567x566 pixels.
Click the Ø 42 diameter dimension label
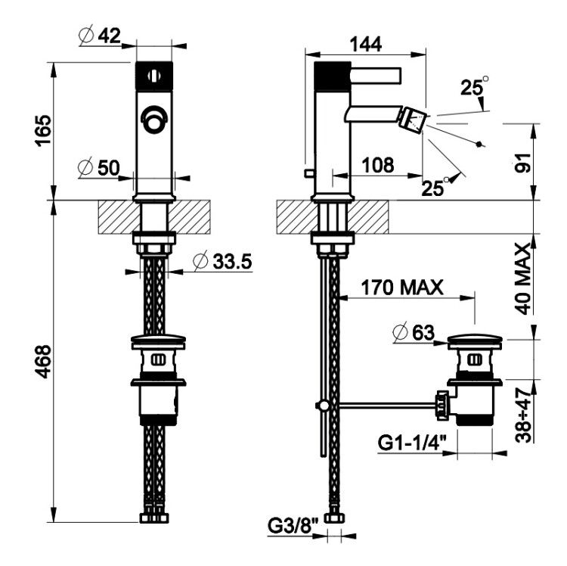point(100,35)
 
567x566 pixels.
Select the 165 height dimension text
point(43,130)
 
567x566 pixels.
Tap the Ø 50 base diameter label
point(99,167)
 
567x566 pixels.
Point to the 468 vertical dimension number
point(43,362)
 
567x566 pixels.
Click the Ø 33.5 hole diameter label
point(222,261)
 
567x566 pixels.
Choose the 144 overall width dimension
point(366,45)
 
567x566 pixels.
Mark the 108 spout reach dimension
point(378,165)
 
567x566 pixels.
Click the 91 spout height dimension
point(523,163)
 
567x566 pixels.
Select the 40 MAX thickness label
point(523,278)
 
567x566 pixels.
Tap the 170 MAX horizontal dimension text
point(402,288)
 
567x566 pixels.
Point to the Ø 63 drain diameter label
point(414,332)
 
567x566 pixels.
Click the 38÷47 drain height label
point(523,415)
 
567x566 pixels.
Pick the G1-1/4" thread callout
point(412,442)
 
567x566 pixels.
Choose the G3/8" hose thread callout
point(293,526)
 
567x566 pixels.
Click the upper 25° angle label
point(475,86)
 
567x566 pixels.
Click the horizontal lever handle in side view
point(376,76)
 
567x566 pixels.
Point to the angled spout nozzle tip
point(413,119)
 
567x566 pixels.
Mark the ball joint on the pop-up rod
point(323,406)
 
